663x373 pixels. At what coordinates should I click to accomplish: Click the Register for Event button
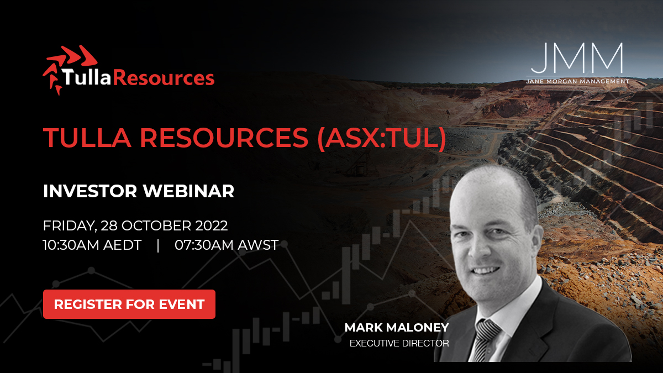point(129,304)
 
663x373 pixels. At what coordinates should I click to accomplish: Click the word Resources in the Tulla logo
point(171,77)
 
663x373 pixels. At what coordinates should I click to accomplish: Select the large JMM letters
point(577,60)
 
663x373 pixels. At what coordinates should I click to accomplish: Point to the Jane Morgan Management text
point(577,81)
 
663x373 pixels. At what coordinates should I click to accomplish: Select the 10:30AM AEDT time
point(91,245)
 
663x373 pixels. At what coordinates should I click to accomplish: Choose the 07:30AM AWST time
point(227,245)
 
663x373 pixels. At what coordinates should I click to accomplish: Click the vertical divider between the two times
point(158,245)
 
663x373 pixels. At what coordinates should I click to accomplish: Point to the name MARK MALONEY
point(397,328)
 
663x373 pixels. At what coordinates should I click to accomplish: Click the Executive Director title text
point(399,344)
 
